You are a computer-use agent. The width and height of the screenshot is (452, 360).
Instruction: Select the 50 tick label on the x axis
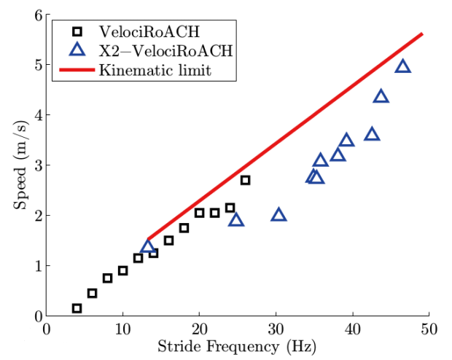tap(429, 329)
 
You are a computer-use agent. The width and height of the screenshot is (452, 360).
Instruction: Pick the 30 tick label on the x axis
tap(276, 329)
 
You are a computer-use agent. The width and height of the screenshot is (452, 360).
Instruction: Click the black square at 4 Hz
tap(77, 308)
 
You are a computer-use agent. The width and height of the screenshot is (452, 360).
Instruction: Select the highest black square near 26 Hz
tap(245, 180)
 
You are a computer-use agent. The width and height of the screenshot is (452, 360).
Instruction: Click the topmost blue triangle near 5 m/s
tap(402, 66)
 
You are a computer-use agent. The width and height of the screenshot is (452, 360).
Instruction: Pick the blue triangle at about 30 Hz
tap(278, 214)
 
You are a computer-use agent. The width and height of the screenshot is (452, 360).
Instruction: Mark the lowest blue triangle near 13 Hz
tap(147, 246)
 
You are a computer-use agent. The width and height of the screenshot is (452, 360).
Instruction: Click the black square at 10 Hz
tap(122, 270)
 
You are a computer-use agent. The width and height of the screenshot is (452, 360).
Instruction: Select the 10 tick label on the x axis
tap(122, 329)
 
